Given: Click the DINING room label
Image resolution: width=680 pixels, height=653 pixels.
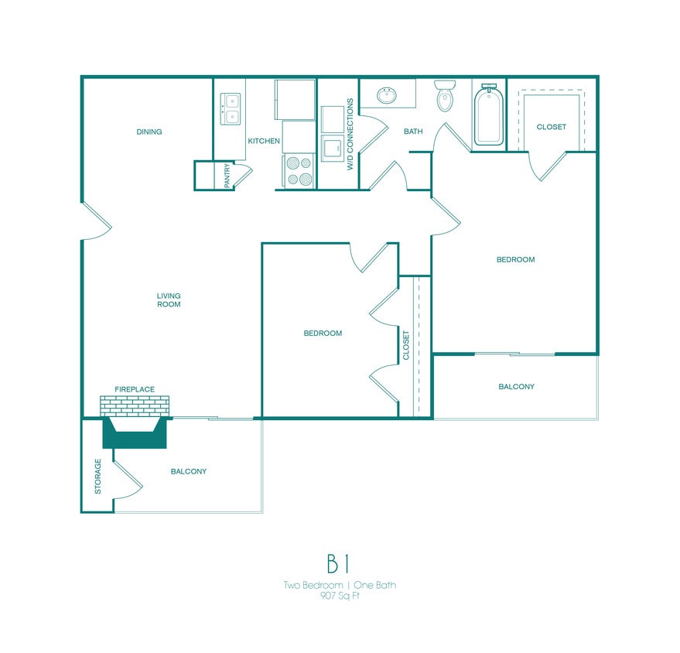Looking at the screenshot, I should (x=149, y=132).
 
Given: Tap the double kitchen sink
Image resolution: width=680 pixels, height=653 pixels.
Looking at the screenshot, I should (x=231, y=108).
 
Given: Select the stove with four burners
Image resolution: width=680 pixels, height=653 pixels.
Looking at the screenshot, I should (x=299, y=171).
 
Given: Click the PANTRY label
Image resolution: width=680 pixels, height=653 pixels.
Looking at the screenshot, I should (x=227, y=175).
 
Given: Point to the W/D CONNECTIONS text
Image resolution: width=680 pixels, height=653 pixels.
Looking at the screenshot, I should (x=350, y=134).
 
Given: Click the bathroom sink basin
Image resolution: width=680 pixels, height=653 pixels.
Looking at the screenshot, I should (x=387, y=95).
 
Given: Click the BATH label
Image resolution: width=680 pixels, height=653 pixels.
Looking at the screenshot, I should (x=413, y=132).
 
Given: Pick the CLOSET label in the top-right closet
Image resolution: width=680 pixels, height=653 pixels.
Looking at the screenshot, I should (x=552, y=127).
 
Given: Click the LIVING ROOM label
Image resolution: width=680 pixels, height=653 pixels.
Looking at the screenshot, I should (x=169, y=299).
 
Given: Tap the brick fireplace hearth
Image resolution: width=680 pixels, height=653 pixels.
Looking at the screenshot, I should (x=135, y=406).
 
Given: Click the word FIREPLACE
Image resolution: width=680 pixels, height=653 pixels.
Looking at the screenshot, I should (x=135, y=389).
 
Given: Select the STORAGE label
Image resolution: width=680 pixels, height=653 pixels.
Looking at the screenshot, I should (x=98, y=476).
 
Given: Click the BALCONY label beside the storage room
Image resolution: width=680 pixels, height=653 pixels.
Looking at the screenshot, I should (x=188, y=471).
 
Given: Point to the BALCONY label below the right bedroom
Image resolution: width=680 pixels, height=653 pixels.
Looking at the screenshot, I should (x=515, y=386).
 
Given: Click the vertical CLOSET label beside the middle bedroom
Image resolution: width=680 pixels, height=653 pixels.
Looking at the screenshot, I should (x=406, y=346).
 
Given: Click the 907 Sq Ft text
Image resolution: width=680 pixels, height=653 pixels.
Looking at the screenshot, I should (x=339, y=596).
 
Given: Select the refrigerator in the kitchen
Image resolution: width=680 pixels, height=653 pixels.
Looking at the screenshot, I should (x=294, y=98).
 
